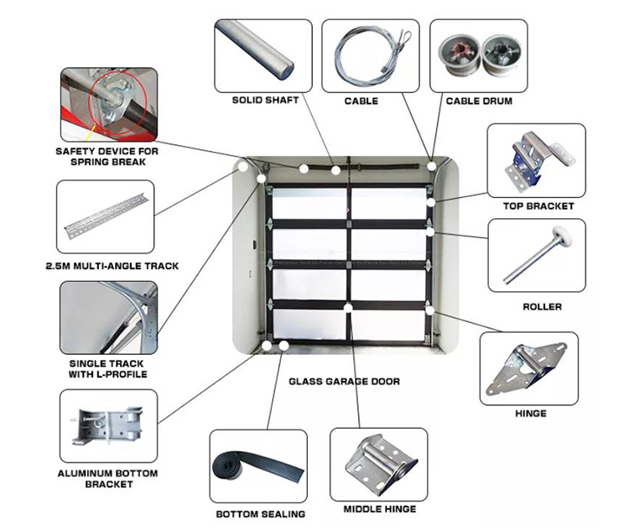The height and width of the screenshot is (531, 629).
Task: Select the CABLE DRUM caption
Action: point(479,101)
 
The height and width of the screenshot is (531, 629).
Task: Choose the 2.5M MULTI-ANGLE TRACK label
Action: point(112,266)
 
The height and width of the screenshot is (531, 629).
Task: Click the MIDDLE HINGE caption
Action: point(379,508)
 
